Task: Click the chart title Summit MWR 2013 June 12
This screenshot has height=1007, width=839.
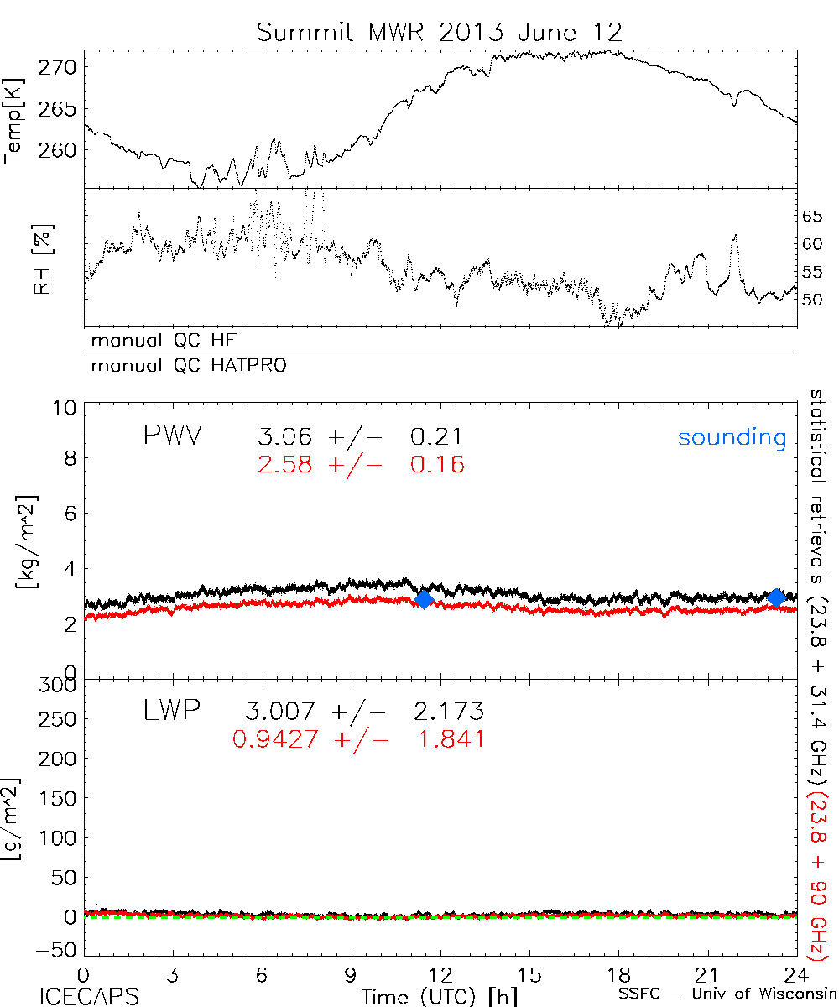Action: pos(440,33)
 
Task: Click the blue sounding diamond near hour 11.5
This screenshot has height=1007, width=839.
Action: pos(424,598)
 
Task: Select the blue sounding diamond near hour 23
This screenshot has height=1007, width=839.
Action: pos(776,597)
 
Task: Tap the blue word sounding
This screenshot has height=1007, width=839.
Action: pos(732,437)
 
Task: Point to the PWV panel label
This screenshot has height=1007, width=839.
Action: pos(172,436)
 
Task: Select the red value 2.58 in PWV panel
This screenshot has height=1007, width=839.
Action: pos(285,464)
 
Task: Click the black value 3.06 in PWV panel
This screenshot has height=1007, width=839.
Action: pos(285,437)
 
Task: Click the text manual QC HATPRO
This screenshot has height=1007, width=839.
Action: pos(181,366)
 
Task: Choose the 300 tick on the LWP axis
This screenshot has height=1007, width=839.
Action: pos(61,685)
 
